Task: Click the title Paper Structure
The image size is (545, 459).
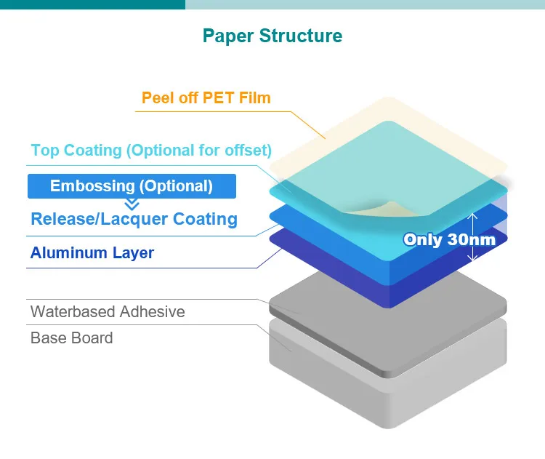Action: pyautogui.click(x=272, y=36)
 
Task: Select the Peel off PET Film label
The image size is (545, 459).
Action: pyautogui.click(x=206, y=97)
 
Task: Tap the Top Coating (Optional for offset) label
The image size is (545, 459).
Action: pyautogui.click(x=151, y=151)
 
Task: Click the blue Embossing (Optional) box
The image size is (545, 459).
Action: pyautogui.click(x=132, y=186)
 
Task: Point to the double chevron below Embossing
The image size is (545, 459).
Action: pyautogui.click(x=132, y=204)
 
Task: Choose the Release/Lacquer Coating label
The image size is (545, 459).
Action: pyautogui.click(x=134, y=219)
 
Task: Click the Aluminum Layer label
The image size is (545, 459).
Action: pyautogui.click(x=92, y=253)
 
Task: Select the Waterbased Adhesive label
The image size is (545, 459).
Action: pyautogui.click(x=108, y=311)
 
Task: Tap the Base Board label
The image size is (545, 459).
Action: pyautogui.click(x=72, y=338)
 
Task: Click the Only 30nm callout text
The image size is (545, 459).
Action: pyautogui.click(x=449, y=239)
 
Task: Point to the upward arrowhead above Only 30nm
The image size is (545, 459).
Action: pyautogui.click(x=472, y=216)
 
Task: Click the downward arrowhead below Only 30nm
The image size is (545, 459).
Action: pyautogui.click(x=472, y=258)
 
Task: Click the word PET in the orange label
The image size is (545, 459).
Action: pyautogui.click(x=218, y=97)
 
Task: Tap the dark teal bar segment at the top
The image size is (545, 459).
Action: pyautogui.click(x=92, y=4)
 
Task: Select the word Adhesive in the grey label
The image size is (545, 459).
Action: pyautogui.click(x=153, y=311)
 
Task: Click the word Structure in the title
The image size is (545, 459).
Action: pyautogui.click(x=301, y=36)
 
